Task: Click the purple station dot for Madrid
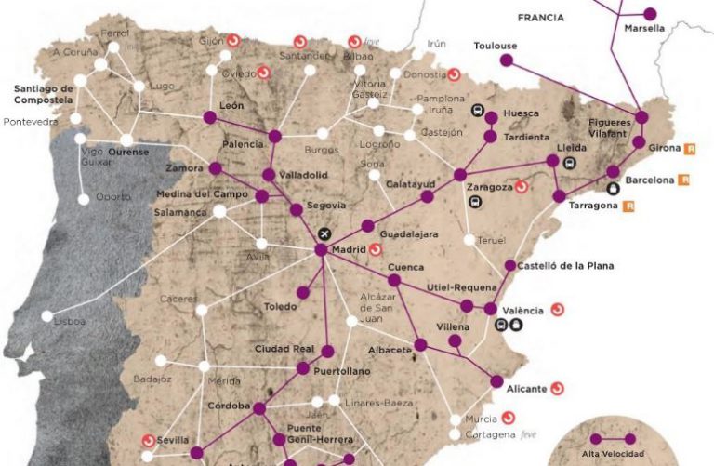(x=321, y=250)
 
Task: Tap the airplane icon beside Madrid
(x=324, y=233)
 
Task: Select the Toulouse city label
(x=495, y=46)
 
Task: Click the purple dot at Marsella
(x=650, y=14)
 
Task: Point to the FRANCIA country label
(x=542, y=17)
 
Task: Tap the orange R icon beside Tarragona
(x=629, y=206)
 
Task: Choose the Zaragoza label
(x=489, y=187)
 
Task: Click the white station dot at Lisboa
(x=47, y=316)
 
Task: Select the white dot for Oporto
(x=84, y=198)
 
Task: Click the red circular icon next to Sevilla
(x=148, y=440)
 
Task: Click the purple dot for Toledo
(x=302, y=292)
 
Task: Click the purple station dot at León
(x=210, y=117)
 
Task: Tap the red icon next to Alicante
(x=558, y=388)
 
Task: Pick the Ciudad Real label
(x=283, y=349)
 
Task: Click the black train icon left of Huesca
(x=478, y=113)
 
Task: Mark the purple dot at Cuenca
(x=394, y=280)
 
